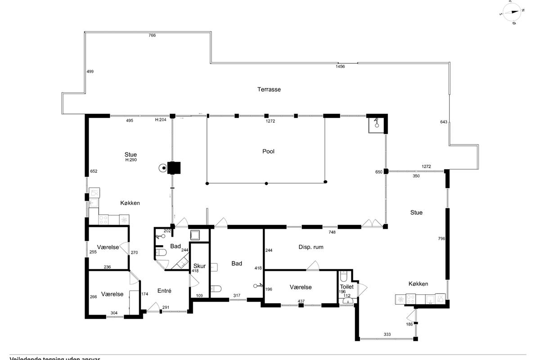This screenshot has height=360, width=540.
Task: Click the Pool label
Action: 268,152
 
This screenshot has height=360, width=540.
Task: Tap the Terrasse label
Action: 269,90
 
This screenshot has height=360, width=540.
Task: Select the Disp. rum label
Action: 311,247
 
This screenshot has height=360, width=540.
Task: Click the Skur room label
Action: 199,266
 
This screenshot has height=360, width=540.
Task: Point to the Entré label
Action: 164,291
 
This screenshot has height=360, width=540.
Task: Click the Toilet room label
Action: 347,287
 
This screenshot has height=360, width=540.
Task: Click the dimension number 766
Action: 152,35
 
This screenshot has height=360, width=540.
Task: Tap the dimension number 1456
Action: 340,67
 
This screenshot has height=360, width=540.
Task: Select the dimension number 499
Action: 90,72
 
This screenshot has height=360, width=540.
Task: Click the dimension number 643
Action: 444,122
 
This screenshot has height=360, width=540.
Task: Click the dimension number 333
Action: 387,335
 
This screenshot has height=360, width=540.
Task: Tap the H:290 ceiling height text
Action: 130,160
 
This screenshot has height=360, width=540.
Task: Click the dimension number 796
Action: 441,238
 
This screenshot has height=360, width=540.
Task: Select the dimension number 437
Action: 301,301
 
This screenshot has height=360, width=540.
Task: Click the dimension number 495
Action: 130,121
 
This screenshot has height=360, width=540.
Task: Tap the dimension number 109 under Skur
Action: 200,296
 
